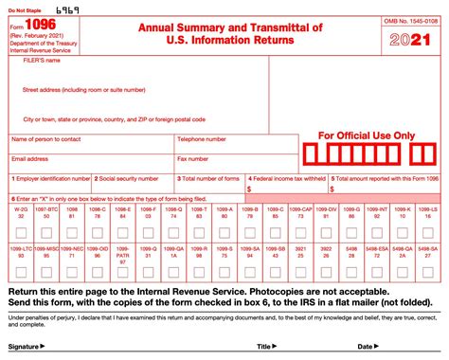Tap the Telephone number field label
[203, 139]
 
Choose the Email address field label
[30, 158]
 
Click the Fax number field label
[193, 158]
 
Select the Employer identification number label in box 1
[51, 178]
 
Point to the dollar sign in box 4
[249, 189]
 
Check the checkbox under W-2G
[21, 231]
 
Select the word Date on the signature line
[365, 348]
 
